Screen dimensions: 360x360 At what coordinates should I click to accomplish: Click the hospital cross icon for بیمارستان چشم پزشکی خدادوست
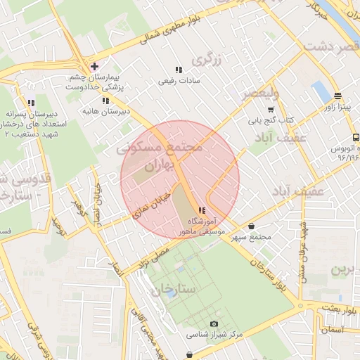(94, 66)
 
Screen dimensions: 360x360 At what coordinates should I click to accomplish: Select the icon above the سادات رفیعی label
(179, 70)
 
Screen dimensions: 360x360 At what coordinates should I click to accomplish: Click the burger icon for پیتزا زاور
(337, 96)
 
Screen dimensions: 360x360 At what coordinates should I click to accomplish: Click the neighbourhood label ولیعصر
(261, 93)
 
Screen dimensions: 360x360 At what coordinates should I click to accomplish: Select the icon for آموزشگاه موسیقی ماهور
(202, 210)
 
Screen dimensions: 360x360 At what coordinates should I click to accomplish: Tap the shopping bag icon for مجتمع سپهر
(252, 226)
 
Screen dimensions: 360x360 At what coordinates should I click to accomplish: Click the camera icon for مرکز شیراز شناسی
(214, 323)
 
